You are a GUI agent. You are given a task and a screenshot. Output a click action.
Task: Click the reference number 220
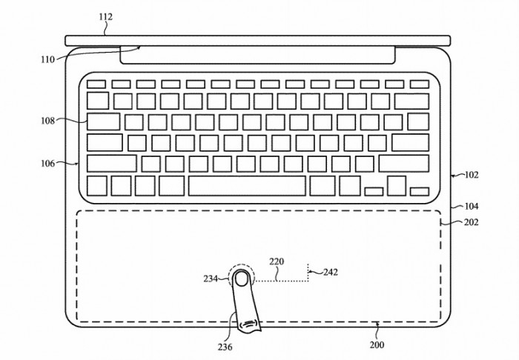coord(277,261)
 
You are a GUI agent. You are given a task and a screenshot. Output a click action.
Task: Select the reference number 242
coord(330,273)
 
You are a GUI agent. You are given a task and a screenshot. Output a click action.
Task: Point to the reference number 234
coord(211,279)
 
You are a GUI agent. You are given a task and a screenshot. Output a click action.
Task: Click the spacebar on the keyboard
coord(247,186)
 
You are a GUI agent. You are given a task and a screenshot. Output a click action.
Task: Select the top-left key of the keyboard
coord(96,84)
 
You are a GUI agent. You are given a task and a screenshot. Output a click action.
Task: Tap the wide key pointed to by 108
coord(104,121)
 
